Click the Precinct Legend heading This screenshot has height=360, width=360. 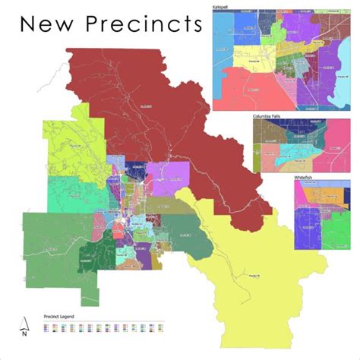click(x=62, y=314)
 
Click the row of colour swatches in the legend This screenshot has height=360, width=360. click(x=103, y=327)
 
